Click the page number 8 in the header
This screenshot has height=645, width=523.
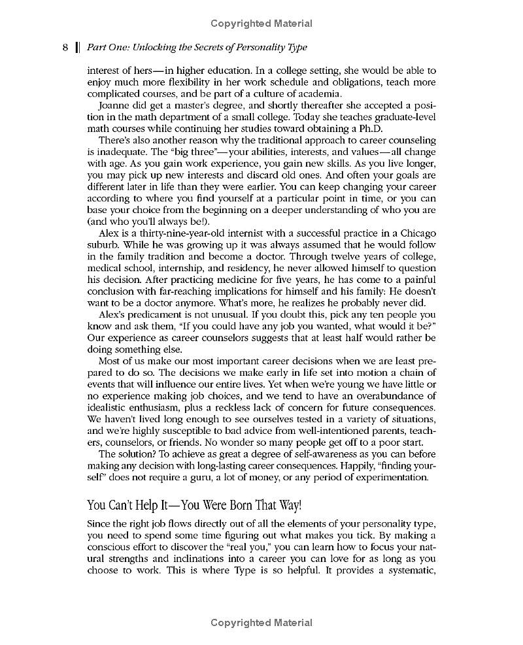[65, 47]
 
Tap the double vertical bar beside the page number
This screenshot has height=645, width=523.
[77, 47]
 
